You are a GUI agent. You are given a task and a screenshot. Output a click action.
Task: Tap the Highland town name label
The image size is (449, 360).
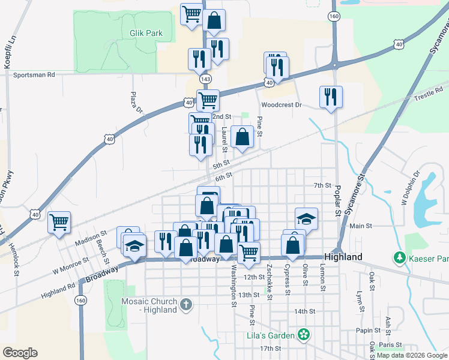pos(345,256)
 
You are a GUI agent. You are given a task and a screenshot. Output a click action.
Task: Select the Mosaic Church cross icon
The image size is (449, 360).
pos(186,305)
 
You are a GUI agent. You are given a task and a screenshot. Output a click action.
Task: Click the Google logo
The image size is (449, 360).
pos(20,353)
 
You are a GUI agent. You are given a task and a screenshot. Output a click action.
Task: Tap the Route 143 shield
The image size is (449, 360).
pos(206,79)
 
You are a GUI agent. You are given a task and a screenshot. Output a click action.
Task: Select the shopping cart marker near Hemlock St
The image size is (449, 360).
pos(59,223)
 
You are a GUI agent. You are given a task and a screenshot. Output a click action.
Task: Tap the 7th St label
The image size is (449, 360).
pos(322,185)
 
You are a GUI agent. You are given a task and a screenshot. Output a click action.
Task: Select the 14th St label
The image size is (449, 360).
pos(304,311)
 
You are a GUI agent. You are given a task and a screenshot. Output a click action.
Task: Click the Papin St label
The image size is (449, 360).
pos(369,330)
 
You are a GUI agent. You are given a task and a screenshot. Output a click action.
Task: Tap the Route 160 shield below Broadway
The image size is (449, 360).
pos(80,300)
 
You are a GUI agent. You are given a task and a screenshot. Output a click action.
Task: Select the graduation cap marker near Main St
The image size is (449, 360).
pos(306,218)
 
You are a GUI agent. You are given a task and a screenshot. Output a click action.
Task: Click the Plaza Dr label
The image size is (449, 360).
pos(137,103)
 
